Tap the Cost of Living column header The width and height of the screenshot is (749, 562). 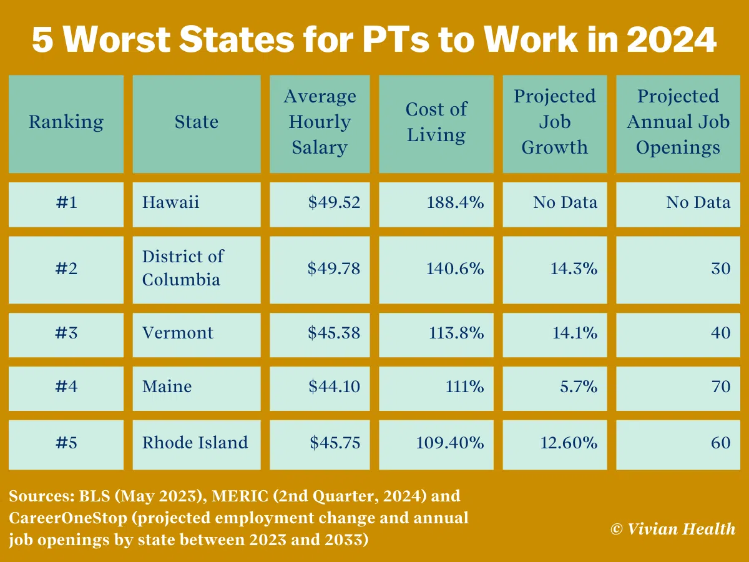point(436,122)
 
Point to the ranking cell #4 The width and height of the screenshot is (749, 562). point(66,387)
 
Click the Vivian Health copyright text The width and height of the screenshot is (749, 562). point(673,529)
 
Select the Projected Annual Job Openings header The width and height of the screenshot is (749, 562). point(678,122)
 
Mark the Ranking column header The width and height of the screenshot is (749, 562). point(66,122)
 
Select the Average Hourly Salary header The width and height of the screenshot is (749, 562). point(320,122)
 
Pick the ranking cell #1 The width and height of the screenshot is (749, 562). point(66,202)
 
